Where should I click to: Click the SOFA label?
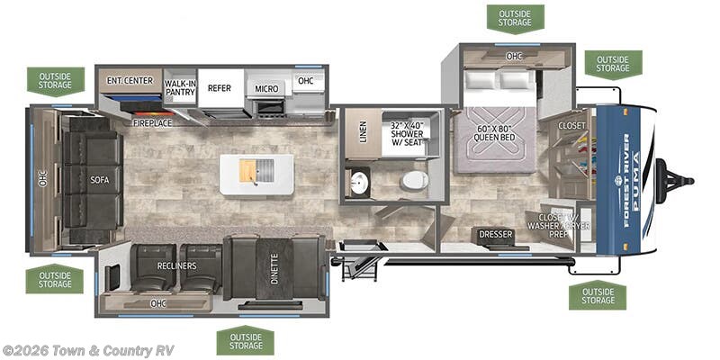coord(99,179)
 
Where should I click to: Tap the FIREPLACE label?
coord(151,122)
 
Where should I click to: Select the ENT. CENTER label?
coord(128,81)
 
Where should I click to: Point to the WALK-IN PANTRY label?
coord(180,87)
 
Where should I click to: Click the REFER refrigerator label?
coord(220,88)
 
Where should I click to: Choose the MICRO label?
coord(265,88)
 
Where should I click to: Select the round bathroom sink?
coord(358,182)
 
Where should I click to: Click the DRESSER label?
coord(495,235)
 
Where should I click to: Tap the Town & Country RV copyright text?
coord(88,350)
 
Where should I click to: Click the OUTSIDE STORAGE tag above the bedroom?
coord(515,16)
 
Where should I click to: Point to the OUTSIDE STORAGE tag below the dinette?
coord(245,340)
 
